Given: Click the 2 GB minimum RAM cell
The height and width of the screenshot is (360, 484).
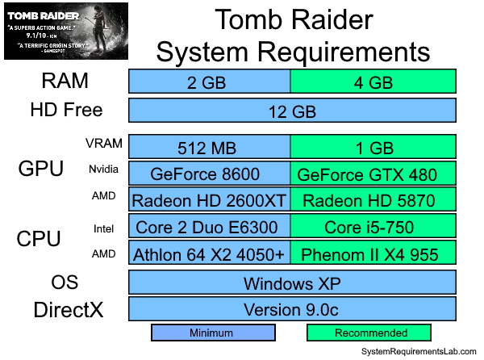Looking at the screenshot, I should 210,82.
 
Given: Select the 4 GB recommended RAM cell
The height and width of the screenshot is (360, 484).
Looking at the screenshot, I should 373,82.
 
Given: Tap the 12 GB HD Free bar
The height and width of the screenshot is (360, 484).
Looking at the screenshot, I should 292,110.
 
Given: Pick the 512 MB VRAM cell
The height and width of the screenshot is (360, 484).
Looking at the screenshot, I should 210,148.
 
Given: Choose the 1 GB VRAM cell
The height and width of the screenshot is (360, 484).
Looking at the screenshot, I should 373,148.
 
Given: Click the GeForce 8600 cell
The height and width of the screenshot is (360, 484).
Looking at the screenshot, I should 210,174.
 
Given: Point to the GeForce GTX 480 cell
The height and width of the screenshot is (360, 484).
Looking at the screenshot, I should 373,174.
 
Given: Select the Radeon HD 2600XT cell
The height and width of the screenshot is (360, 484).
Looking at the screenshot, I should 210,199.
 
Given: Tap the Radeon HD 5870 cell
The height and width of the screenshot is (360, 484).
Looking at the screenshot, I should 373,199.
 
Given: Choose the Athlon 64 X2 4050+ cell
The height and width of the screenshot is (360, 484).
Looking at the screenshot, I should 210,254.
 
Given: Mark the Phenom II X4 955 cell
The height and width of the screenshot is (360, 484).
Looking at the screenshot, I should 373,254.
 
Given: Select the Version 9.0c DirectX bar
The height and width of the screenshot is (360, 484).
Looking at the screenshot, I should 292,309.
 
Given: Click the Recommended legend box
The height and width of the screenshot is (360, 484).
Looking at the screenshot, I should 369,333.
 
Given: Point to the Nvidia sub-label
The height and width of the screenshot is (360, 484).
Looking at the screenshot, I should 100,170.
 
